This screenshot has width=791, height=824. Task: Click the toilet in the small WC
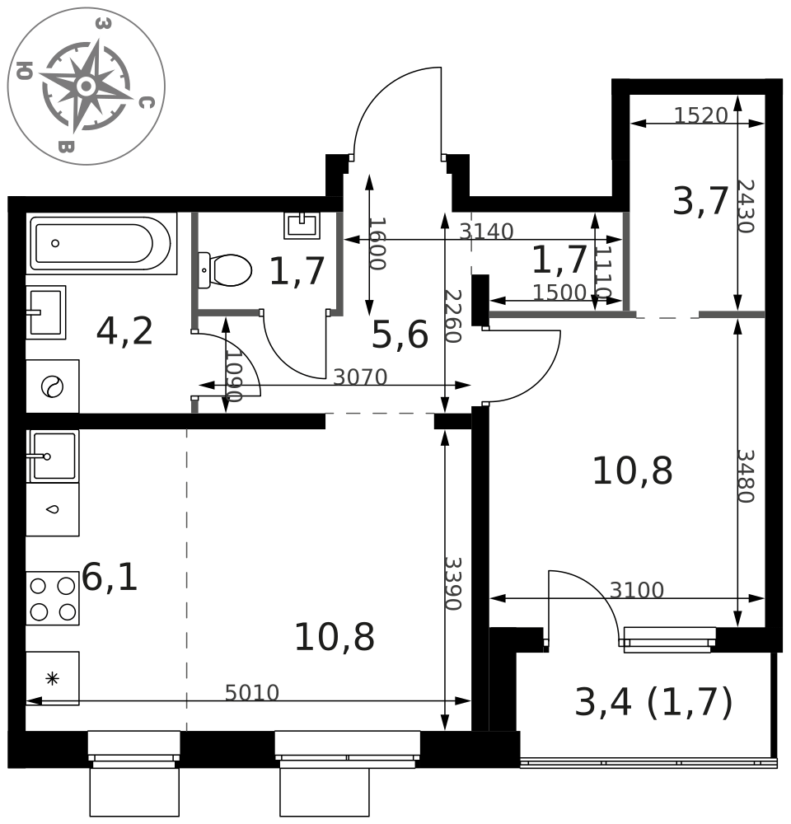(x=225, y=270)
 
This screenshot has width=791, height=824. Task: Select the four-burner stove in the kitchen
(x=53, y=598)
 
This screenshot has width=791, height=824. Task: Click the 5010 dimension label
(x=252, y=693)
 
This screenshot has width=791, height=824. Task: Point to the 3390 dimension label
(x=453, y=584)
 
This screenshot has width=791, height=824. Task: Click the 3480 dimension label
(x=746, y=476)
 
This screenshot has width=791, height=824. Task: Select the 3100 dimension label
(x=636, y=590)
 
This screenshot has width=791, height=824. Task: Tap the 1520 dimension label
(x=700, y=115)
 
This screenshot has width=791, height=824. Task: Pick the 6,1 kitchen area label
(x=110, y=577)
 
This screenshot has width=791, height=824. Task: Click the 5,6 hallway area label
(x=400, y=335)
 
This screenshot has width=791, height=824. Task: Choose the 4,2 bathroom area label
(x=124, y=331)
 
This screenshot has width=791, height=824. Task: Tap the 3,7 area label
(x=700, y=201)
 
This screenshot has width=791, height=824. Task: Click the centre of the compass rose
(x=87, y=87)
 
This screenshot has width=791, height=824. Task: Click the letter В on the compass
(x=66, y=146)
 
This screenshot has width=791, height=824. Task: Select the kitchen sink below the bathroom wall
(x=53, y=456)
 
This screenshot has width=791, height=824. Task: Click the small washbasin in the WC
(x=302, y=225)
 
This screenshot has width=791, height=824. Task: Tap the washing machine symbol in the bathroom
(x=53, y=386)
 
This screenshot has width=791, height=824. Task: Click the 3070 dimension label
(x=360, y=377)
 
